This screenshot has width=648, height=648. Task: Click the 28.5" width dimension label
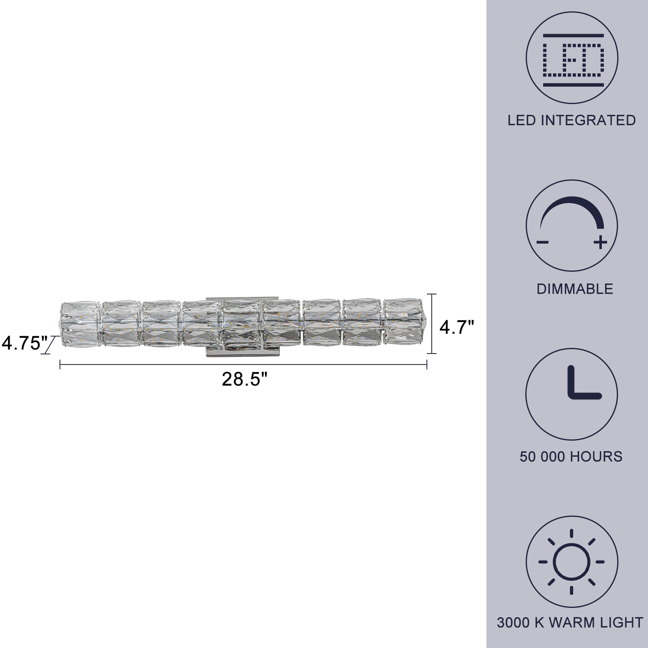245,379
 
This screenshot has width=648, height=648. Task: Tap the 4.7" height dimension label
456,327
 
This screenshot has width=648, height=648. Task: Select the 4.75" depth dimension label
25,343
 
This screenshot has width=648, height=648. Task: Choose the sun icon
572,562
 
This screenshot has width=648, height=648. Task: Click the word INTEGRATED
588,120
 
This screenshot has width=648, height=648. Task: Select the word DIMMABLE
575,289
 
